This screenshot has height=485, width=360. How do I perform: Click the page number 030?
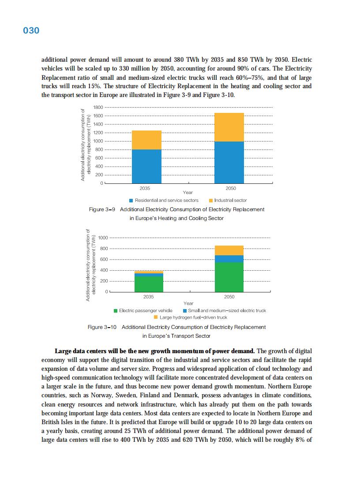31,30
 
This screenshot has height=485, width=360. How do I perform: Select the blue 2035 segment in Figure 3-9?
146,166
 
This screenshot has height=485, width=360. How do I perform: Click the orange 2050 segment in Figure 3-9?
229,127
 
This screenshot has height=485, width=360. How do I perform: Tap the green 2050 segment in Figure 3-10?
229,277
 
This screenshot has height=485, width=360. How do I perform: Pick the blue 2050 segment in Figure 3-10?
229,259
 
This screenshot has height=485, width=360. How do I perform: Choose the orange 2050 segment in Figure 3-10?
229,250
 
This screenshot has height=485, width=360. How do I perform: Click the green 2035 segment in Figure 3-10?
149,284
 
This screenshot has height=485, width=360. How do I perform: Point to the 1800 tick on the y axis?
98,108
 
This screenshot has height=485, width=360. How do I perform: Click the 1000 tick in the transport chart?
103,238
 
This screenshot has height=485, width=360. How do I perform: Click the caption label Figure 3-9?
102,209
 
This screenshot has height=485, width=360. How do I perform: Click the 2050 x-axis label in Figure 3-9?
231,188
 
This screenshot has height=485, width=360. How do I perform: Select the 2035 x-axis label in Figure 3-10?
149,297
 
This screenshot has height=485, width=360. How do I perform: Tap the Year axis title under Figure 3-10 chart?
188,303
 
